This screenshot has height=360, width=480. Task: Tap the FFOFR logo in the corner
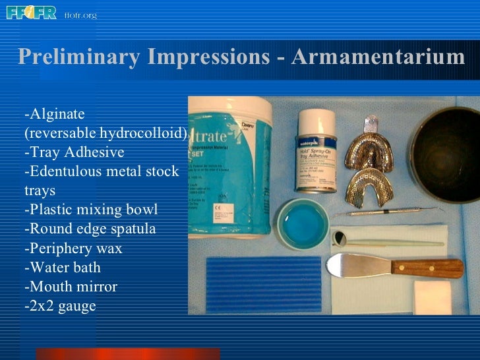click(31, 13)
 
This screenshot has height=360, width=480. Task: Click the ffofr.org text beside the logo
click(80, 15)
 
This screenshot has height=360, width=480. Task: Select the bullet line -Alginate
click(51, 114)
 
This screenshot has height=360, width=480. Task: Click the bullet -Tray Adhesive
click(74, 152)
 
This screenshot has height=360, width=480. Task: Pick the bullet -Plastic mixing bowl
click(91, 210)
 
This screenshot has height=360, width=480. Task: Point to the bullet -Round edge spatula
click(90, 229)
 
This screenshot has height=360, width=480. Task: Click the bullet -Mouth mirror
click(71, 287)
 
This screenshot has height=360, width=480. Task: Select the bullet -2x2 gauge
click(60, 306)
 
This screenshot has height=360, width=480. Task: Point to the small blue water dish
click(302, 225)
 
